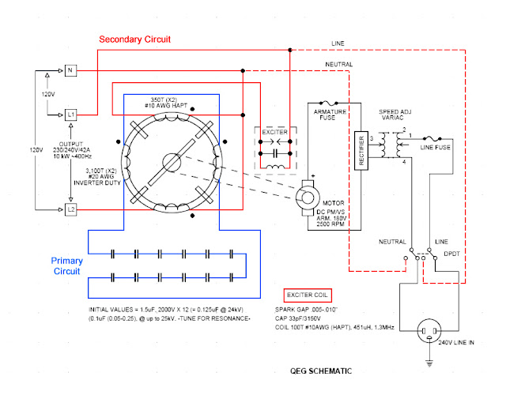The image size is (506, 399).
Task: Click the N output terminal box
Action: (x=70, y=71)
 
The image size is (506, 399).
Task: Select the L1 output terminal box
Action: (x=70, y=115)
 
